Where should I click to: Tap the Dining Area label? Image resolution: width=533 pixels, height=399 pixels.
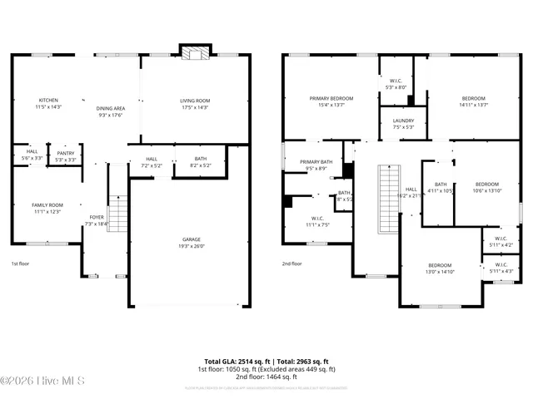110,108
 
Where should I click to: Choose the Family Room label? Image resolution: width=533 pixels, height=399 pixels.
47,208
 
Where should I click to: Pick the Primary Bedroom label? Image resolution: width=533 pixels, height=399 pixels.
331,101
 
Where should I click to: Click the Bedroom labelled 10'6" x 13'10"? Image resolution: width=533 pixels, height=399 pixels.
487,187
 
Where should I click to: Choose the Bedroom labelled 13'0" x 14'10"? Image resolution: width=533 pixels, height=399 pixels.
440,268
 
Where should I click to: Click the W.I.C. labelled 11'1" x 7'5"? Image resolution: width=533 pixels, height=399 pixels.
317,222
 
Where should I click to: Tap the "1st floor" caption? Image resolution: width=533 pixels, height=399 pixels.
21,263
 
